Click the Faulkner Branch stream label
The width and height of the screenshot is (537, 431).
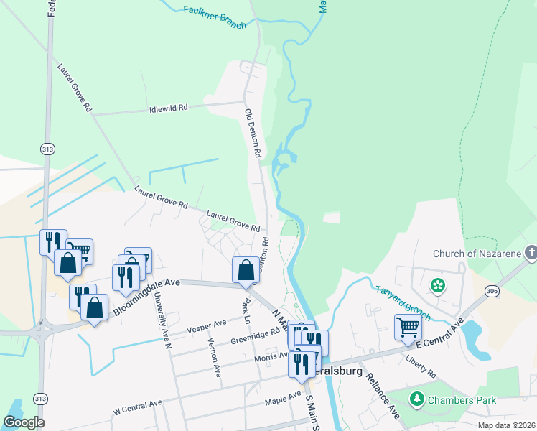215,16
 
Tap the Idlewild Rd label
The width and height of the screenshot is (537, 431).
168,108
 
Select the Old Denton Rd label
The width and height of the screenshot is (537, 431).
252,134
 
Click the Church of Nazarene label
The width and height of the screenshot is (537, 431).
477,254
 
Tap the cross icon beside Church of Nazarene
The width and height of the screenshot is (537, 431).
531,253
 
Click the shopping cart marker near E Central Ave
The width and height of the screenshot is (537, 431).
408,326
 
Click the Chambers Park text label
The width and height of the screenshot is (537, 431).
452,399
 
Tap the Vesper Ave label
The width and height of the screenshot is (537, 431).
201,328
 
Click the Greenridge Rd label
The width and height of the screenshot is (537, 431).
254,337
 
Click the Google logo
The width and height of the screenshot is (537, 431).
24,422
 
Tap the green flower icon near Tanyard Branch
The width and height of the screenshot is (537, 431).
437,286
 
